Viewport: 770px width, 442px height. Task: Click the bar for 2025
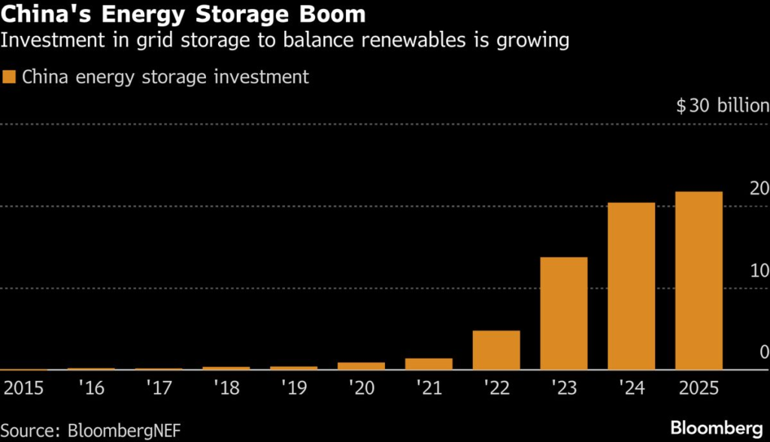[699, 280]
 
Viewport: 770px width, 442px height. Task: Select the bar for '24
[631, 286]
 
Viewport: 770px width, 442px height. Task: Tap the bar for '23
[563, 313]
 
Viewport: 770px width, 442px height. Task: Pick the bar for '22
[496, 350]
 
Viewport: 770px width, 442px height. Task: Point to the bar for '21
[429, 364]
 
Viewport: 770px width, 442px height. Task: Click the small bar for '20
[361, 366]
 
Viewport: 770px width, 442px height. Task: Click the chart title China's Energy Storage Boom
[183, 14]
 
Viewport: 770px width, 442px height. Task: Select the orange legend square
[10, 77]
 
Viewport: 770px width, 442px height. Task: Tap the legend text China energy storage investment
[165, 77]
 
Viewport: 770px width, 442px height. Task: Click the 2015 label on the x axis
[24, 388]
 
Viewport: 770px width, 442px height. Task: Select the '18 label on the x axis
[226, 388]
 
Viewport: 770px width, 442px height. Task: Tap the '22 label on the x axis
[496, 388]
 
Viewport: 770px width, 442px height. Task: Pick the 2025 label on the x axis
[699, 388]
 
